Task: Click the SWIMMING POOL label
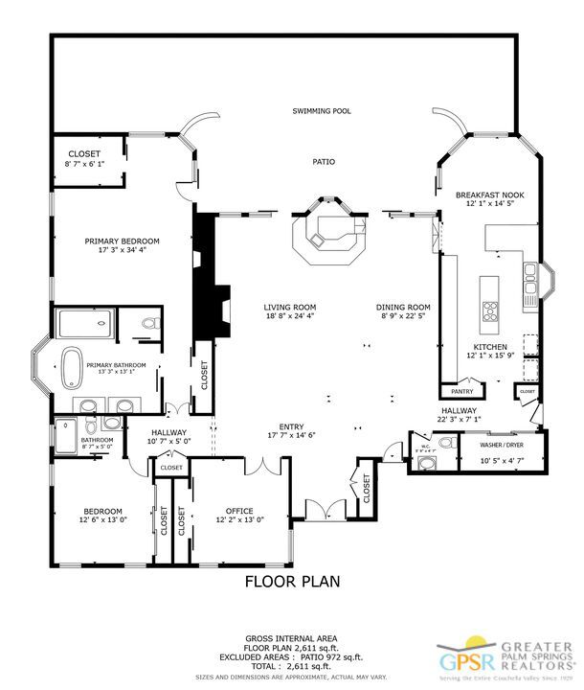point(321,111)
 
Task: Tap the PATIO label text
point(324,162)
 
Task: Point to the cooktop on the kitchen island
point(491,310)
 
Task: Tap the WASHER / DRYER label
point(501,446)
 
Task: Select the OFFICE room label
point(238,510)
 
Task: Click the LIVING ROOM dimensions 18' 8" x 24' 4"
point(290,316)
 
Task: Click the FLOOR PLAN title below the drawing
point(292,580)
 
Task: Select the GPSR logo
point(456,661)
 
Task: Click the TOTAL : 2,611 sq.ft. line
point(291,669)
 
